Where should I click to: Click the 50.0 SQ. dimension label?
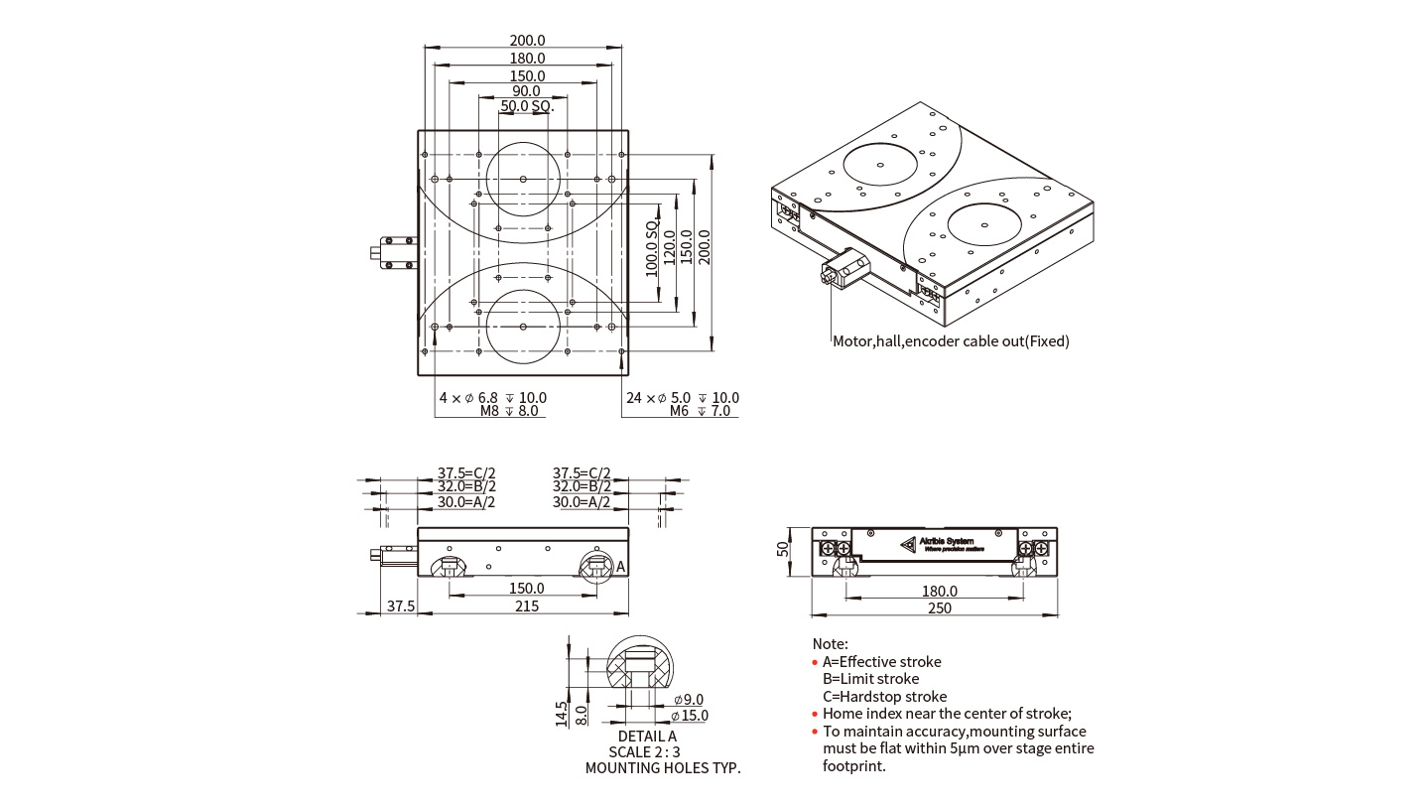point(527,106)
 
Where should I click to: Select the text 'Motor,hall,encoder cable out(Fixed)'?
point(951,341)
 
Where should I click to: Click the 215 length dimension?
point(527,605)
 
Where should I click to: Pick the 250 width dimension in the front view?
point(938,607)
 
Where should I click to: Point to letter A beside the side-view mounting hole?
point(621,567)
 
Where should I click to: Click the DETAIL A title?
point(647,737)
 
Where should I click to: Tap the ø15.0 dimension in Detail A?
point(690,716)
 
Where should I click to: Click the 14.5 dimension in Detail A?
point(562,714)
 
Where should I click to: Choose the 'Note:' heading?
point(831,644)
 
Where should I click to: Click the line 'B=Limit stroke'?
point(870,679)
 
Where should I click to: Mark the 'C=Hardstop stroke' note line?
point(884,697)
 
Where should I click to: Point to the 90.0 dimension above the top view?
point(526,91)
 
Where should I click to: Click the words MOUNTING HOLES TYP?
point(663,767)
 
